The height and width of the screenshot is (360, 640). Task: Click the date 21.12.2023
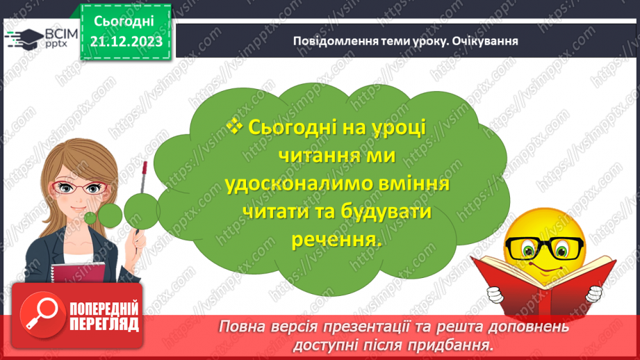(125, 42)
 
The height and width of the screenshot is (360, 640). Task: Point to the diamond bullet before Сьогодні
(233, 126)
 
